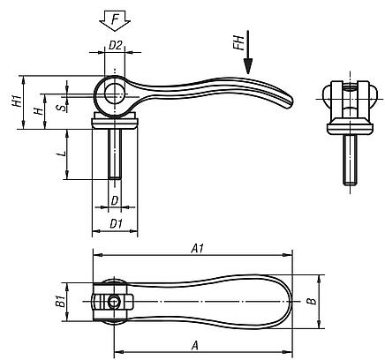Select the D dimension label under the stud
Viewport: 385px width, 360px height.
point(115,201)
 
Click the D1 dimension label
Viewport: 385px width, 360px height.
point(115,224)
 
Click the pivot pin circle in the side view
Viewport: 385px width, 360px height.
point(112,93)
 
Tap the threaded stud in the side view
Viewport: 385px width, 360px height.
point(115,154)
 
